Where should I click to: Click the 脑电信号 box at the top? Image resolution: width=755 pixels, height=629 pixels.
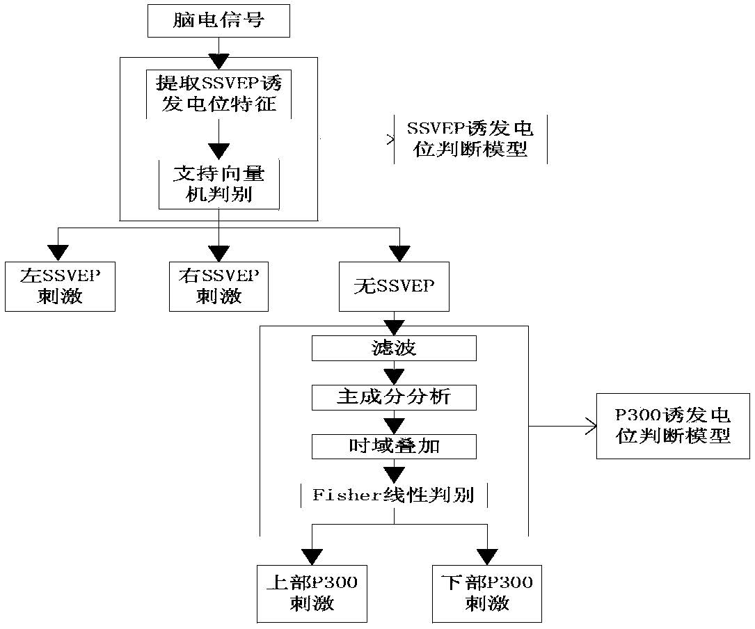point(218,20)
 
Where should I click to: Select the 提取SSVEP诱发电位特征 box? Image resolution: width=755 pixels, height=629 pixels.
point(218,94)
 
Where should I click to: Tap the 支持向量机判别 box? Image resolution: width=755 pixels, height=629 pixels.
point(219,183)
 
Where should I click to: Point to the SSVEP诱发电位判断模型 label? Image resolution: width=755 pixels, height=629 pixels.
point(470,139)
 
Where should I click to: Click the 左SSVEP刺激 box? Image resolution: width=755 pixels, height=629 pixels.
point(60,285)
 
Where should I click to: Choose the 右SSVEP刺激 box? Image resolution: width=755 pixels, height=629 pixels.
point(218,285)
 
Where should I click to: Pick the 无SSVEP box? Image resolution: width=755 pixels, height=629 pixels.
point(394,286)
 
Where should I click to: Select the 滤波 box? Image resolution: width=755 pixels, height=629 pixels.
point(394,348)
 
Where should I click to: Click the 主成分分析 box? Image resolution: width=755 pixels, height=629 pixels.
point(394,397)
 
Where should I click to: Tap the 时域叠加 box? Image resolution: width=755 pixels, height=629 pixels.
point(394,447)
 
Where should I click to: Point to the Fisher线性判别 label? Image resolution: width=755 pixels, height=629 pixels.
point(394,495)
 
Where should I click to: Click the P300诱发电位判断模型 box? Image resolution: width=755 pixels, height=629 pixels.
point(672,426)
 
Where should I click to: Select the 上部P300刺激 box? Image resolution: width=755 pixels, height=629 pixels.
point(312,592)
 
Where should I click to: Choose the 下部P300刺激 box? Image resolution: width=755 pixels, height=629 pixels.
point(487,592)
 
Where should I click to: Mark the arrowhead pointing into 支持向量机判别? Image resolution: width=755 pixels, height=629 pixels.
point(219,151)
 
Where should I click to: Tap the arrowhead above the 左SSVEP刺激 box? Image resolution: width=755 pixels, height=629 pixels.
point(58,253)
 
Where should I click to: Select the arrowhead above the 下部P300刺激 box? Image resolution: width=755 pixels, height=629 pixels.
point(487,555)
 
